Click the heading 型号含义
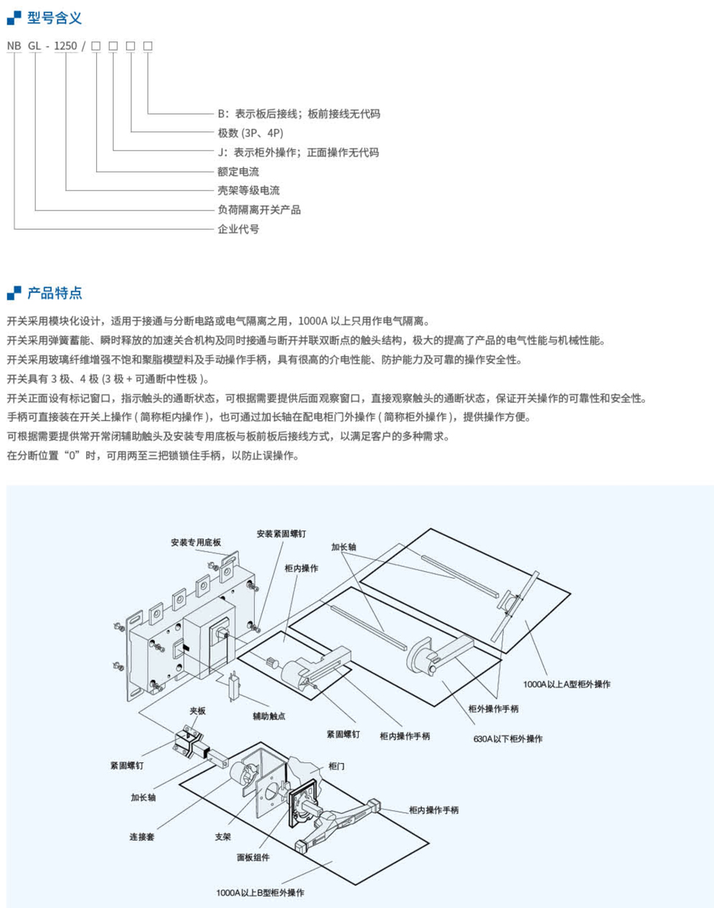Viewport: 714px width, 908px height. (54, 18)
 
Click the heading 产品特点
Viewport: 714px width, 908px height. (54, 293)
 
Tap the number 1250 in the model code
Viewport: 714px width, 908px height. (65, 46)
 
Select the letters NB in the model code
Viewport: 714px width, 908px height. (14, 46)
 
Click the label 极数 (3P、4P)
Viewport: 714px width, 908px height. (250, 133)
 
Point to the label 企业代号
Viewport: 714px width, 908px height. (238, 229)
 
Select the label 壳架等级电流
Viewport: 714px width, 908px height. (248, 190)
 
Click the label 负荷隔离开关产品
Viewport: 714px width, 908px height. (259, 210)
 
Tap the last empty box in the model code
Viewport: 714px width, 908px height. (148, 46)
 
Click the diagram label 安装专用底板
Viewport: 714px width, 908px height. (196, 543)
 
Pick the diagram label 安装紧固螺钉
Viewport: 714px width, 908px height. (281, 534)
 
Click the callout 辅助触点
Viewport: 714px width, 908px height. (268, 716)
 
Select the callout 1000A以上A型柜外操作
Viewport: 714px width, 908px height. (566, 684)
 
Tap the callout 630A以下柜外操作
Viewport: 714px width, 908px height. (507, 739)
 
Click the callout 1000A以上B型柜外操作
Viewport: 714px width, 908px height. (260, 892)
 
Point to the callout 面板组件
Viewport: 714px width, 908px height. (253, 857)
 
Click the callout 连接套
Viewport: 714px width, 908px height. (141, 837)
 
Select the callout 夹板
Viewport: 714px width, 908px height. (197, 711)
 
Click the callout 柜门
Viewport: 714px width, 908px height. (336, 767)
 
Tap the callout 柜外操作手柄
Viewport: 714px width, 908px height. (493, 709)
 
